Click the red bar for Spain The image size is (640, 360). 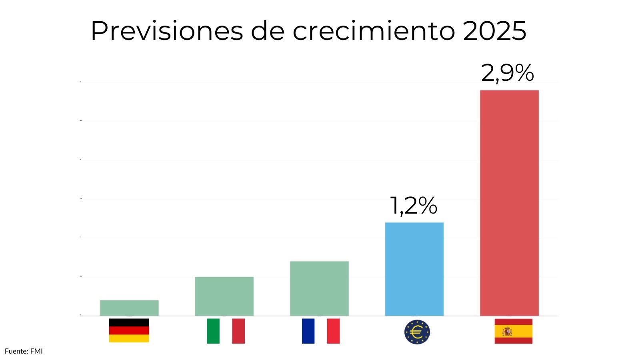(509, 203)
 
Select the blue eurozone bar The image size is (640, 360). (414, 269)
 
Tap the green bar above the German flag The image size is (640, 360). (129, 308)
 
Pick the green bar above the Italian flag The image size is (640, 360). (224, 296)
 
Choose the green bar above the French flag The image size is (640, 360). (319, 288)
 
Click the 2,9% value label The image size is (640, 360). (507, 73)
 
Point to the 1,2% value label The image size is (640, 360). (413, 206)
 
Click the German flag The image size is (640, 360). (129, 330)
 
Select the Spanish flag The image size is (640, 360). (513, 331)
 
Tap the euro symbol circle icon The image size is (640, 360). (417, 332)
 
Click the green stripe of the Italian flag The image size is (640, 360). (213, 331)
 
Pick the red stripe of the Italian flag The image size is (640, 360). (238, 331)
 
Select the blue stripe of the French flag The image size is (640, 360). (308, 331)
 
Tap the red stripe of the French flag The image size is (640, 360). (333, 331)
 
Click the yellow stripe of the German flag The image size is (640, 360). (129, 338)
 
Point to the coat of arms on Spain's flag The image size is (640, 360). (507, 332)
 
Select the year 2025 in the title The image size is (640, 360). (494, 31)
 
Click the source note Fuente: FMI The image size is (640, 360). (24, 351)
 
